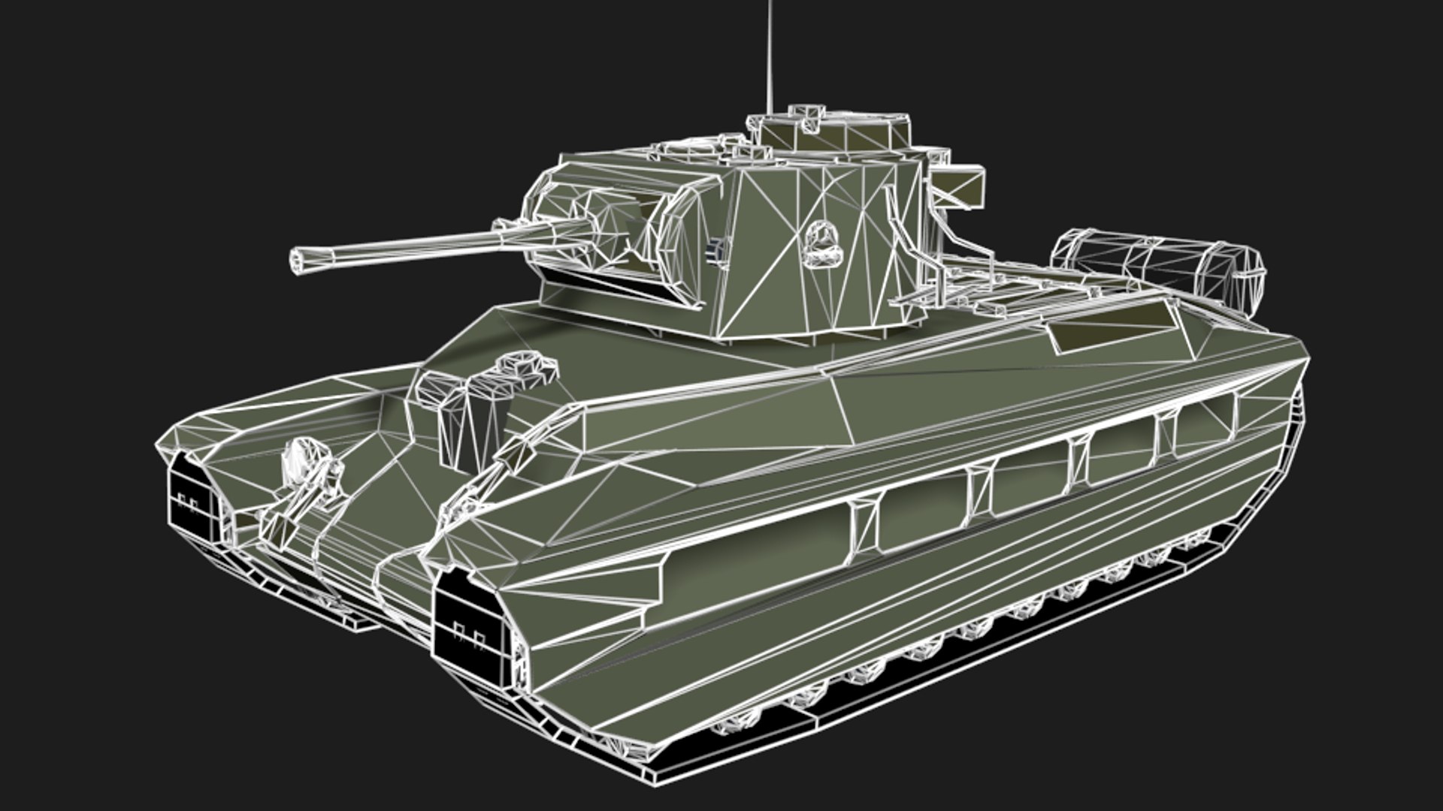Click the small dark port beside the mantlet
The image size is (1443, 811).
[x=717, y=251]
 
